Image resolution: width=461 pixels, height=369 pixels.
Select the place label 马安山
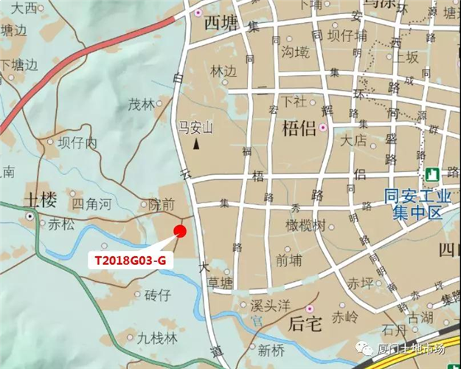195,128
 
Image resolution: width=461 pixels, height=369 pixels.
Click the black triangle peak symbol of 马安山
195,144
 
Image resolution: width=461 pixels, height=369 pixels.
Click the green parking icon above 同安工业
431,175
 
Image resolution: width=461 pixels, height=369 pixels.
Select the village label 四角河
91,201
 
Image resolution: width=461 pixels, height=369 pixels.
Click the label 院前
162,203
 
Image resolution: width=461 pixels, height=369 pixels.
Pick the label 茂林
142,104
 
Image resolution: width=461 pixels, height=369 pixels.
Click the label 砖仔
157,295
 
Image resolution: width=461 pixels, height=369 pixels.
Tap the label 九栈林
157,338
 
